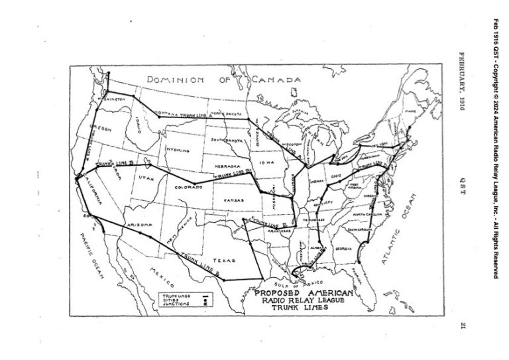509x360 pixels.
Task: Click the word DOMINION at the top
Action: click(x=175, y=80)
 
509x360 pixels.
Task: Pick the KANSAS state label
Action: click(x=233, y=199)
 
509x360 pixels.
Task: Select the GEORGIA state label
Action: click(x=343, y=249)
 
